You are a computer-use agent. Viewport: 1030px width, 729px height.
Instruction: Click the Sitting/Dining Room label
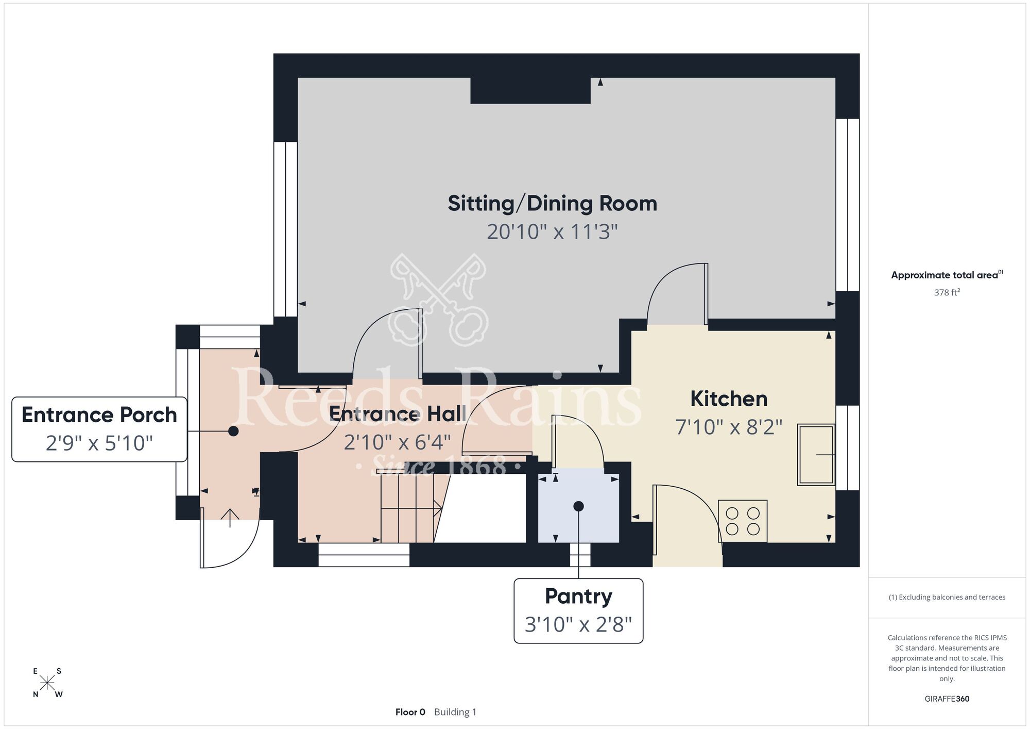pyautogui.click(x=552, y=204)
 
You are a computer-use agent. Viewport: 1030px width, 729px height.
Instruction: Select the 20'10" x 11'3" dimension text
pyautogui.click(x=552, y=232)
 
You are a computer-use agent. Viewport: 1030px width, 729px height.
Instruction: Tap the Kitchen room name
pyautogui.click(x=729, y=399)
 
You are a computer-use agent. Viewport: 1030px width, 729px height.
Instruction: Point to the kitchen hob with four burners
pyautogui.click(x=743, y=521)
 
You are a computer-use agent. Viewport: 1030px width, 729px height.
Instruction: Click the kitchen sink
pyautogui.click(x=816, y=455)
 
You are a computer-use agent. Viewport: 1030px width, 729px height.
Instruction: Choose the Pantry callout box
pyautogui.click(x=578, y=611)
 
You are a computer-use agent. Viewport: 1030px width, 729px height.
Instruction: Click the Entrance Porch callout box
pyautogui.click(x=99, y=429)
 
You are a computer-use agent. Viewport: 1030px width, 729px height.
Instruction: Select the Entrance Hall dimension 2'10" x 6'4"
pyautogui.click(x=397, y=442)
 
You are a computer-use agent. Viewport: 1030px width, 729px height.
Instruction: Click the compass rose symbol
pyautogui.click(x=47, y=683)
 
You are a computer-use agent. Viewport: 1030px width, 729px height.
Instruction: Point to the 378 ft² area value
pyautogui.click(x=947, y=292)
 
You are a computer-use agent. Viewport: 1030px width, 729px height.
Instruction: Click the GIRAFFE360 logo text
pyautogui.click(x=947, y=699)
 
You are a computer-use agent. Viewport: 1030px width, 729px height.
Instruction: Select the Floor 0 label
pyautogui.click(x=410, y=712)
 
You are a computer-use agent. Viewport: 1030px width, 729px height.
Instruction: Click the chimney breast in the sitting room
pyautogui.click(x=530, y=91)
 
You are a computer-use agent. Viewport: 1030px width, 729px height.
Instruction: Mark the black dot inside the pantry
pyautogui.click(x=578, y=506)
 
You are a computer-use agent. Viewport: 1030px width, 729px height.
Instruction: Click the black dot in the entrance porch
pyautogui.click(x=233, y=431)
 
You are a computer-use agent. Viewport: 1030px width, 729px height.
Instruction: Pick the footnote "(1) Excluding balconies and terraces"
pyautogui.click(x=947, y=597)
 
